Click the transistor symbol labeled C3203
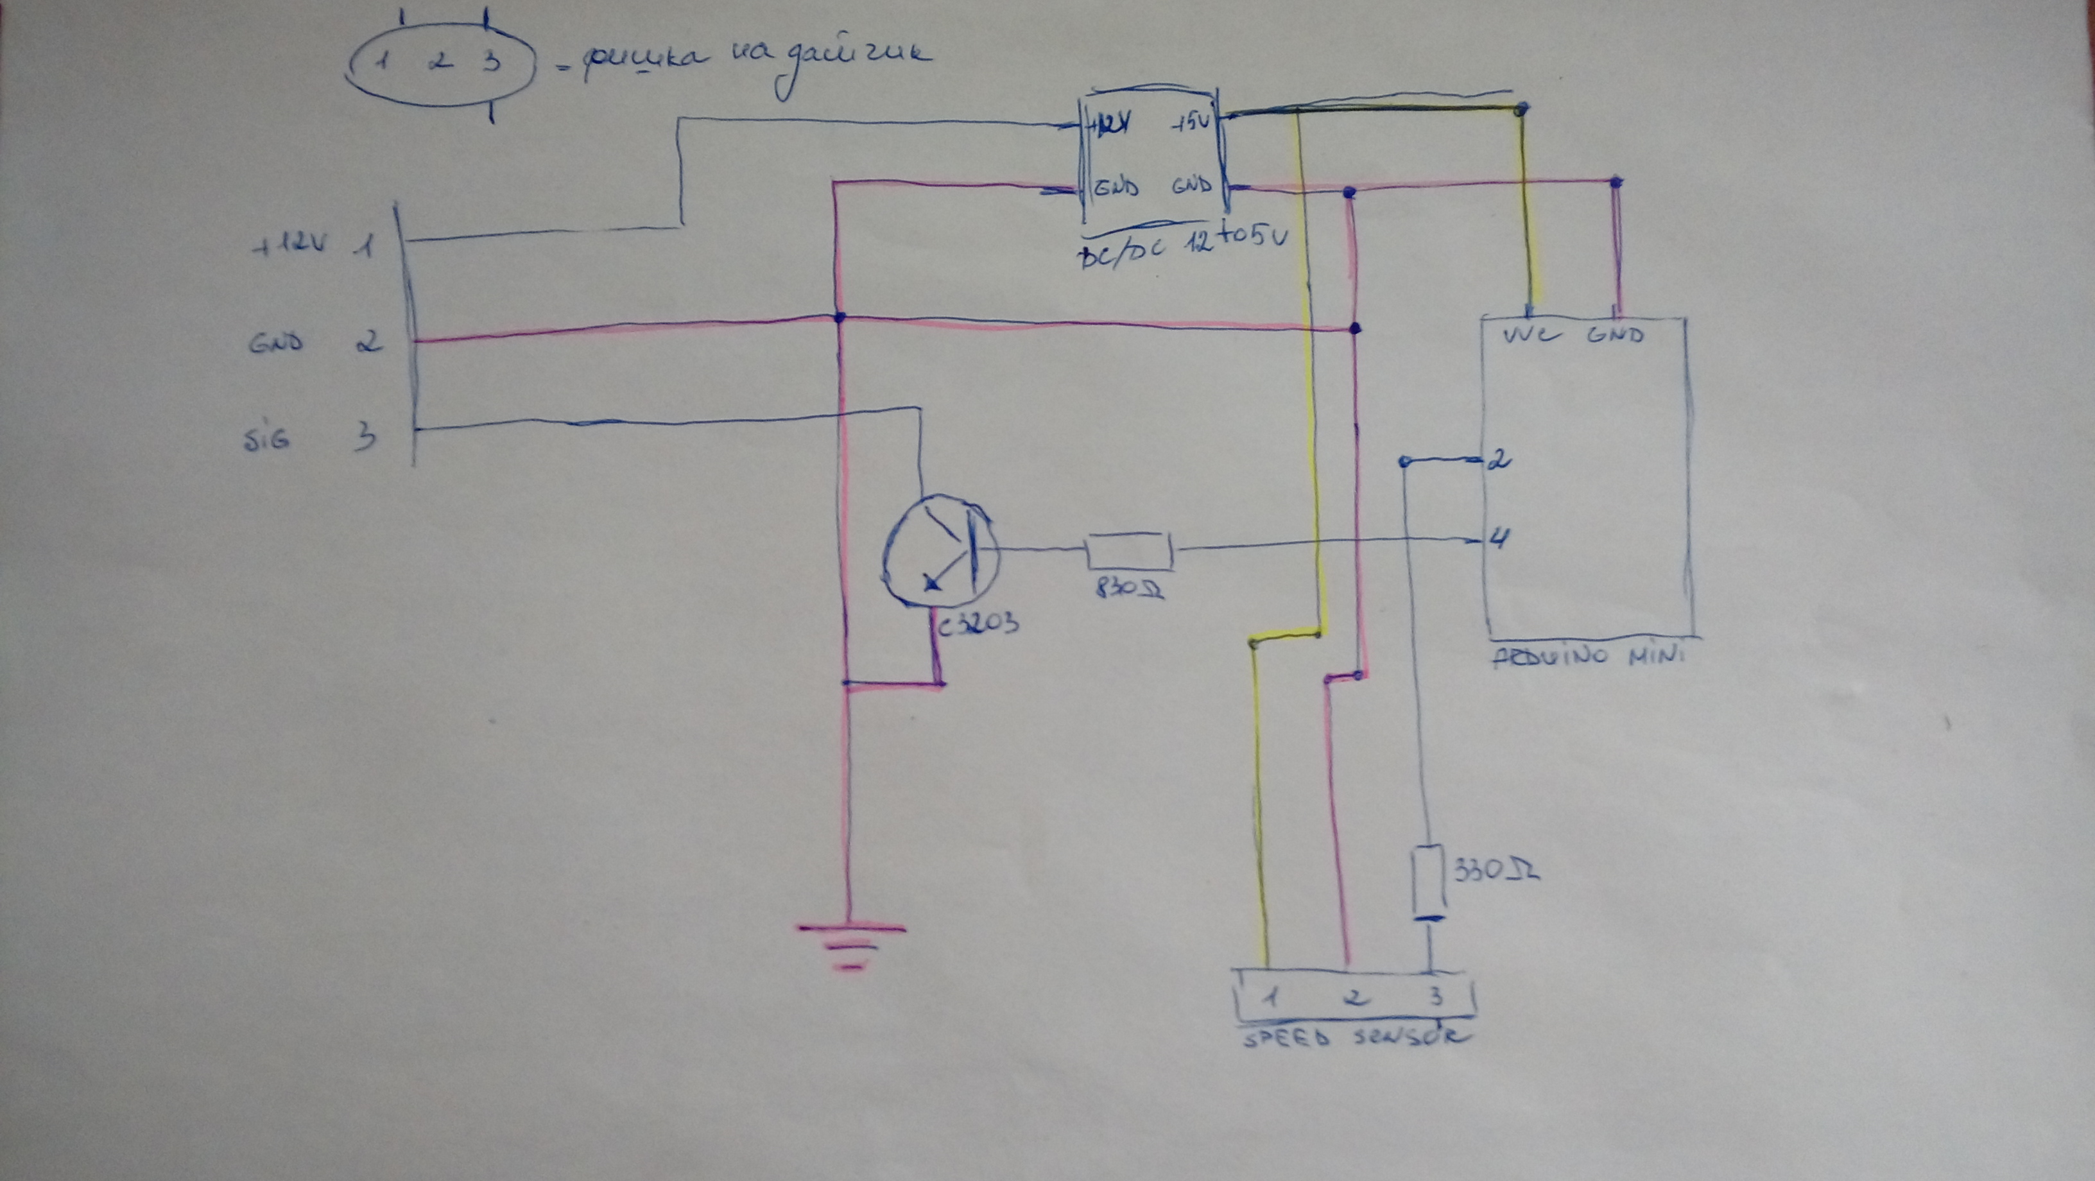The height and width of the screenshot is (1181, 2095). pyautogui.click(x=939, y=560)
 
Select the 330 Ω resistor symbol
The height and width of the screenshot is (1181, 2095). pyautogui.click(x=1428, y=881)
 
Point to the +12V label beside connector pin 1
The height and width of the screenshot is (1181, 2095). pyautogui.click(x=289, y=244)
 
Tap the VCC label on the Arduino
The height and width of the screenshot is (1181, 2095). pyautogui.click(x=1528, y=334)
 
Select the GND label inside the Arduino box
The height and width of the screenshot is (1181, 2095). pyautogui.click(x=1615, y=334)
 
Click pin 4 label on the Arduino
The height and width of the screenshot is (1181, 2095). pyautogui.click(x=1499, y=539)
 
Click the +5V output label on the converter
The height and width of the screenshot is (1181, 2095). pyautogui.click(x=1191, y=126)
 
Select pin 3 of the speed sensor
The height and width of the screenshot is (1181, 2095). pyautogui.click(x=1435, y=996)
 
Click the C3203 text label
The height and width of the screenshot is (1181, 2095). pyautogui.click(x=977, y=625)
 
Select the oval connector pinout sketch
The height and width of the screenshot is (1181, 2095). pyautogui.click(x=440, y=64)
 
